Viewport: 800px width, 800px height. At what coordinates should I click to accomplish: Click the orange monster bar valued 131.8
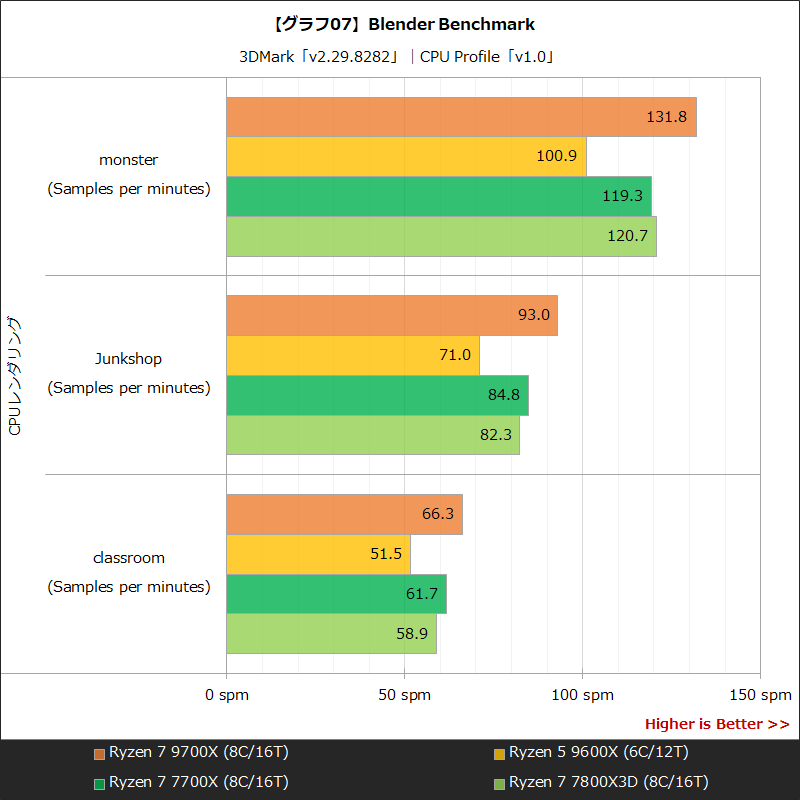point(461,117)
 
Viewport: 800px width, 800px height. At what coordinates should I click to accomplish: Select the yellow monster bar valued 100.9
point(406,157)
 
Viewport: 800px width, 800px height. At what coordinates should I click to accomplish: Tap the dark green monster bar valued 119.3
point(439,197)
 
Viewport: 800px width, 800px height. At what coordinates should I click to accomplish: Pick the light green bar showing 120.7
point(441,237)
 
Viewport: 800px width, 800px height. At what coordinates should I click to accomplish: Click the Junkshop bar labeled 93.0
point(392,315)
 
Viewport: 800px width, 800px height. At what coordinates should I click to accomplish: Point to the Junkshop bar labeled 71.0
point(353,355)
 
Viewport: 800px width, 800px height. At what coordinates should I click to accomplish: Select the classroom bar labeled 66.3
point(344,514)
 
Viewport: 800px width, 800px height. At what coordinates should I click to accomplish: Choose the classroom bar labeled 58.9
point(331,634)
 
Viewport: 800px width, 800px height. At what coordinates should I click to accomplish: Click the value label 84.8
point(504,395)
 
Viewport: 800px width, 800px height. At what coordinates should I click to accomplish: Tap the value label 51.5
point(386,554)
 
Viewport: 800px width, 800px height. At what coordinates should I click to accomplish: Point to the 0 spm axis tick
point(227,694)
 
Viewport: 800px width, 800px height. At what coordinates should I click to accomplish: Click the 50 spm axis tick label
point(404,694)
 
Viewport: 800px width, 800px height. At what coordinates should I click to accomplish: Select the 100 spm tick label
point(582,694)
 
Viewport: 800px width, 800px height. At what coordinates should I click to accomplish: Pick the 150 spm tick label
point(760,694)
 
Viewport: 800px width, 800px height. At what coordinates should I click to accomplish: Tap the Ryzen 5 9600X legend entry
point(590,752)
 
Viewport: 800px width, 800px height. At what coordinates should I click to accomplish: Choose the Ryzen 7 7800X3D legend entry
point(600,782)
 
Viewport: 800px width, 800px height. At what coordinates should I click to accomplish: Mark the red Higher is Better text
point(717,724)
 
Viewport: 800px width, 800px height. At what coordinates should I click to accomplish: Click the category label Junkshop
point(128,358)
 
